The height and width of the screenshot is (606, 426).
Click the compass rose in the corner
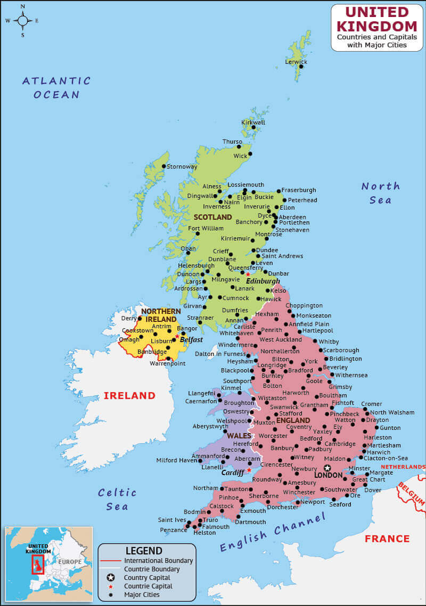pyautogui.click(x=23, y=21)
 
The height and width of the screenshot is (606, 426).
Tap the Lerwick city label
pyautogui.click(x=296, y=62)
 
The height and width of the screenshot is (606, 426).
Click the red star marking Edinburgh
pyautogui.click(x=248, y=275)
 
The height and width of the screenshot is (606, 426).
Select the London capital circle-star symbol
pyautogui.click(x=327, y=468)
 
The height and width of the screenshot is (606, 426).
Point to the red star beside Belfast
pyautogui.click(x=177, y=336)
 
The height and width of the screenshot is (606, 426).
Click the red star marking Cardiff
pyautogui.click(x=249, y=470)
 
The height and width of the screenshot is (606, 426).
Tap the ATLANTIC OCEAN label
pyautogui.click(x=56, y=88)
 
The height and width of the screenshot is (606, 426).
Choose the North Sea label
pyautogui.click(x=380, y=193)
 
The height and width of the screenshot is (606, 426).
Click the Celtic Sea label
pyautogui.click(x=117, y=499)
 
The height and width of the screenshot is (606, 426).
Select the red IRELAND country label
pyautogui.click(x=129, y=396)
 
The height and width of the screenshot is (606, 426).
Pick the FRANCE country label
pyautogui.click(x=387, y=539)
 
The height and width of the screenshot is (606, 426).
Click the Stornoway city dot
pyautogui.click(x=165, y=167)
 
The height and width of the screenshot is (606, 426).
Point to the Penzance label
pyautogui.click(x=173, y=530)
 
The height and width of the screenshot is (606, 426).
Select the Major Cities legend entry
pyautogui.click(x=141, y=595)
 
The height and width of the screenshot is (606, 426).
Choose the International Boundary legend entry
pyautogui.click(x=158, y=561)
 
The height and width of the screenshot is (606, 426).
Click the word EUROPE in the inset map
pyautogui.click(x=70, y=562)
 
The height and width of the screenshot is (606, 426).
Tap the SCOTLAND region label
pyautogui.click(x=212, y=217)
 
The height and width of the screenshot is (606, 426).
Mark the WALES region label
pyautogui.click(x=239, y=436)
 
